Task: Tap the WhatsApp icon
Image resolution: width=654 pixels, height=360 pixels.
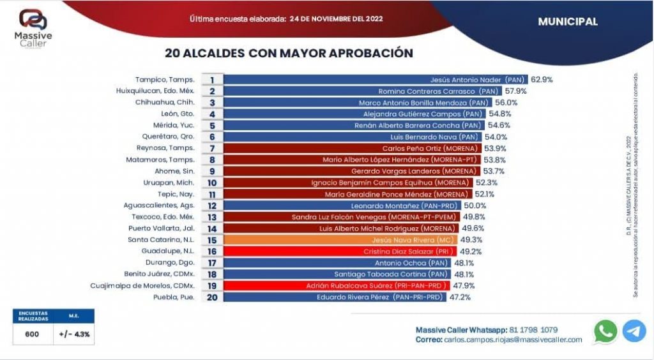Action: [x=605, y=331]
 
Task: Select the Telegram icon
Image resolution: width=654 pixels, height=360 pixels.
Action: [x=634, y=331]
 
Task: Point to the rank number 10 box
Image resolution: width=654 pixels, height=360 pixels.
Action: [x=212, y=183]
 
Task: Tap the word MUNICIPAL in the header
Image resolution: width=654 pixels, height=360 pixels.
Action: [x=568, y=22]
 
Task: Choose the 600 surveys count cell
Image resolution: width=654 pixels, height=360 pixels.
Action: [x=32, y=334]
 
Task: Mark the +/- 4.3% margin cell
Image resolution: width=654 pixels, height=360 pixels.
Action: [x=74, y=334]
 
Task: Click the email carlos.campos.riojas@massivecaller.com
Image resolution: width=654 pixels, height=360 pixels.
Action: [x=512, y=340]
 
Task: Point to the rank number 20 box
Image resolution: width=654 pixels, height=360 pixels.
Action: [x=212, y=297]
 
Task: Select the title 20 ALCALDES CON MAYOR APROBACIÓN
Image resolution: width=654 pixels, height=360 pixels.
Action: [x=289, y=53]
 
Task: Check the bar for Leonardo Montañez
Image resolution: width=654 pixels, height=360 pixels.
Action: [x=346, y=206]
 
